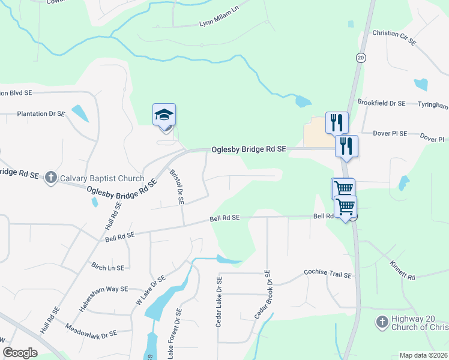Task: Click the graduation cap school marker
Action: pyautogui.click(x=164, y=114)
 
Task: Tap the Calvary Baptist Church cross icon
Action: pyautogui.click(x=51, y=178)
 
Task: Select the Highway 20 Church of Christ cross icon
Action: pyautogui.click(x=381, y=322)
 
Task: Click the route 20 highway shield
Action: pyautogui.click(x=360, y=58)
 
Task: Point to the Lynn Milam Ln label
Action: pyautogui.click(x=218, y=24)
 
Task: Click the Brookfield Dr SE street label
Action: pyautogui.click(x=382, y=103)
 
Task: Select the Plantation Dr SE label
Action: pyautogui.click(x=41, y=113)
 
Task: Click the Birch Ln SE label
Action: pyautogui.click(x=108, y=267)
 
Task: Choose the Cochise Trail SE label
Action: pyautogui.click(x=327, y=274)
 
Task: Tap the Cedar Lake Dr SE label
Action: pyautogui.click(x=220, y=302)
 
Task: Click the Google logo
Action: pyautogui.click(x=20, y=353)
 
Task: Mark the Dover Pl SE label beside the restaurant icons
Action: pyautogui.click(x=390, y=133)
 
